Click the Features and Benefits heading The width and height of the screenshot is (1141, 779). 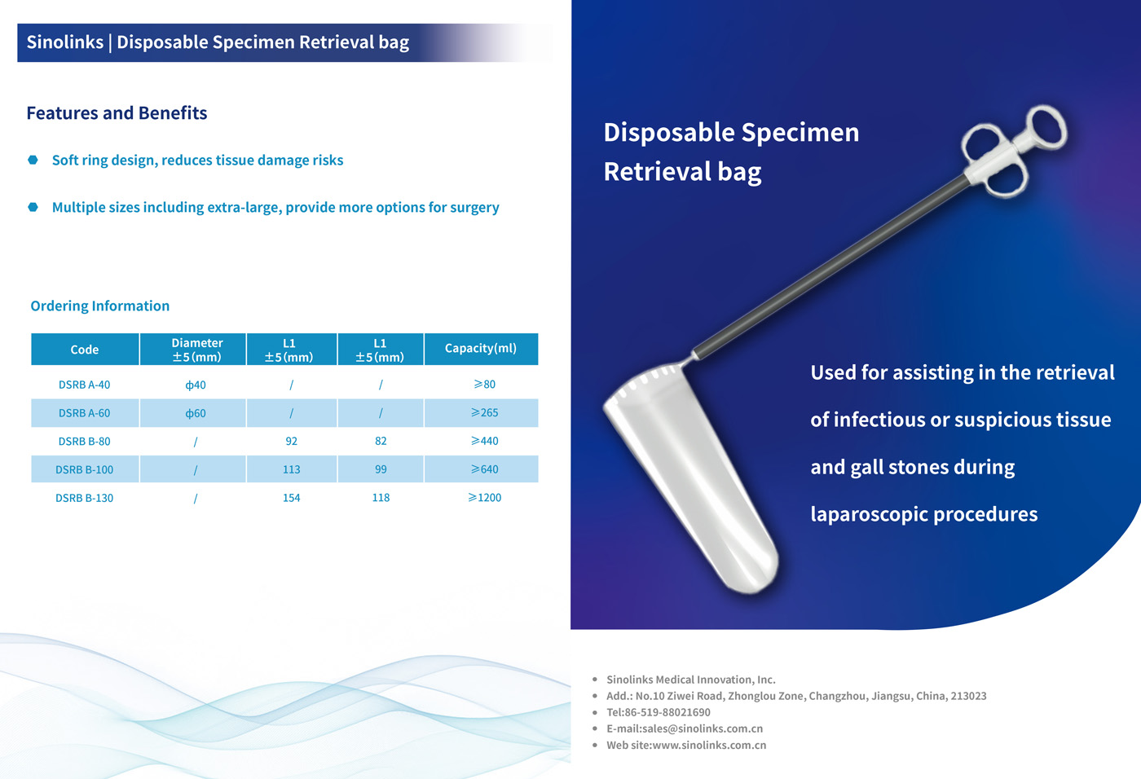coord(117,113)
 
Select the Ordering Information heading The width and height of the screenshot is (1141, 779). coord(100,306)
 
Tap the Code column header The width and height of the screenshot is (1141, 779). coord(85,350)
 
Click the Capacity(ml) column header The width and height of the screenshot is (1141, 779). coord(480,348)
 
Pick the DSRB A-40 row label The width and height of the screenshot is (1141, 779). coord(84,385)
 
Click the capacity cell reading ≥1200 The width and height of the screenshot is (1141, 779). coord(484,497)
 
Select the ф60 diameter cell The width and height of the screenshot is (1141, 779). coord(196,413)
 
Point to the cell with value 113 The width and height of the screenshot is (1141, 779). coord(291,469)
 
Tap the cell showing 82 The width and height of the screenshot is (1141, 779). coord(381,441)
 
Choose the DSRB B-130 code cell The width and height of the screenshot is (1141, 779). coord(84,498)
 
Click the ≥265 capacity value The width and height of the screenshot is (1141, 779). coord(484,412)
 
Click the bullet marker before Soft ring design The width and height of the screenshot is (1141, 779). coord(33,160)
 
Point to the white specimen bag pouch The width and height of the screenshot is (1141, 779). coord(693,473)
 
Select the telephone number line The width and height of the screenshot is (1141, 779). coord(659,712)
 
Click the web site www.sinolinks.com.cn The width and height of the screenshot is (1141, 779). coord(709,745)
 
